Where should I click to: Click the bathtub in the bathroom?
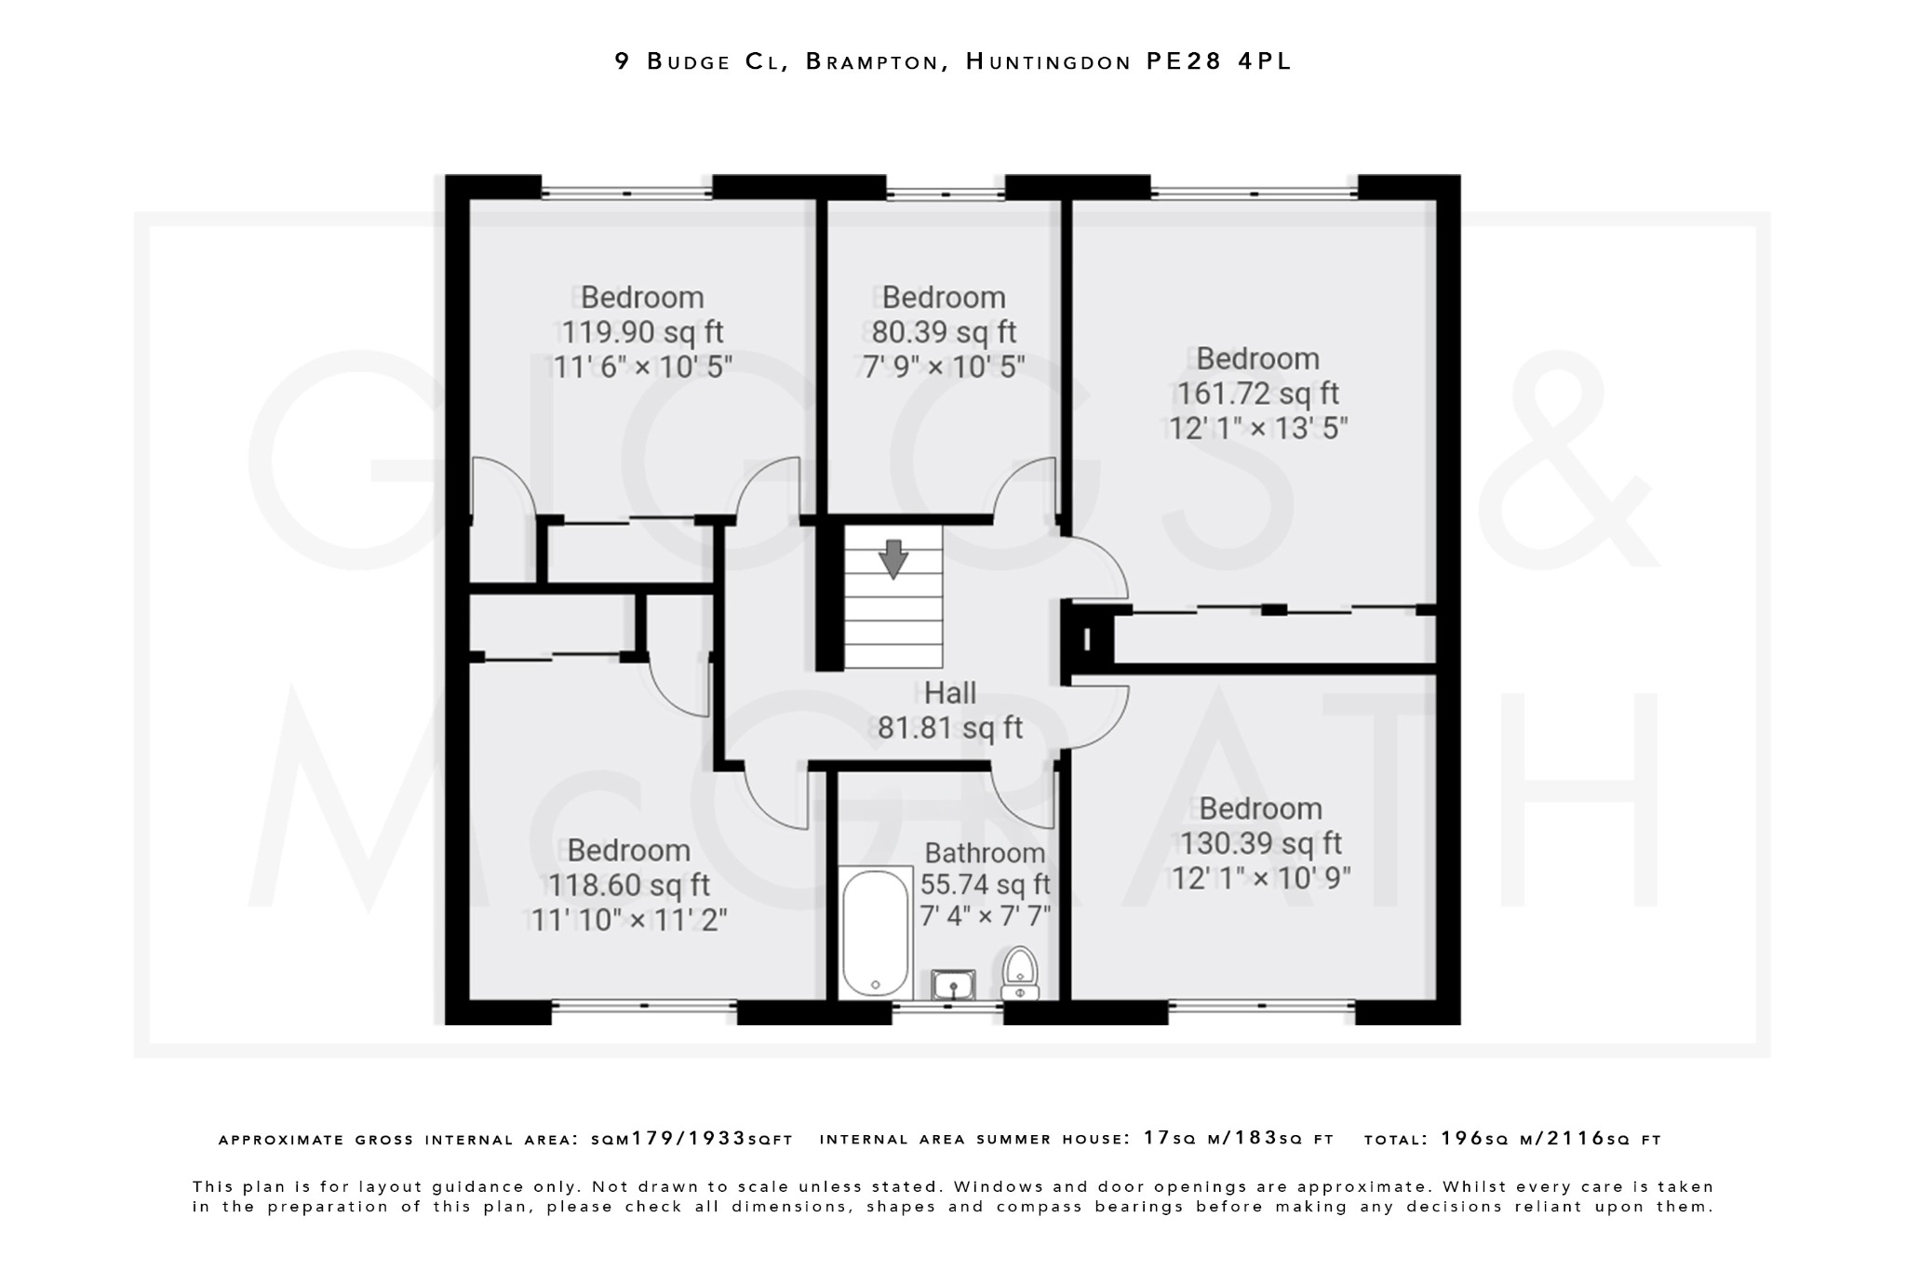875,933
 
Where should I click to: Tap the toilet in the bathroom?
1020,973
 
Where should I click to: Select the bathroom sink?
953,984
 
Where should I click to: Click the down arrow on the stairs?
893,558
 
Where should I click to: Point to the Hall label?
950,693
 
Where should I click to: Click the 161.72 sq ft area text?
1257,394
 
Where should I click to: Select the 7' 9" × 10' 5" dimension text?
944,367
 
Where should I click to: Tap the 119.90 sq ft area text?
642,332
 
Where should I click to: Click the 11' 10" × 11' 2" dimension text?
628,920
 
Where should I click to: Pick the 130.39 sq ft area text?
1260,843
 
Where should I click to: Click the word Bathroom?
985,852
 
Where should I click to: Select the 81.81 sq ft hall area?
950,728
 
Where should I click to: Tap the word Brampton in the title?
871,61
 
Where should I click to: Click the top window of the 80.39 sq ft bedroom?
945,194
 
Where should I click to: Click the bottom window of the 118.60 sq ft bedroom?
644,1004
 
